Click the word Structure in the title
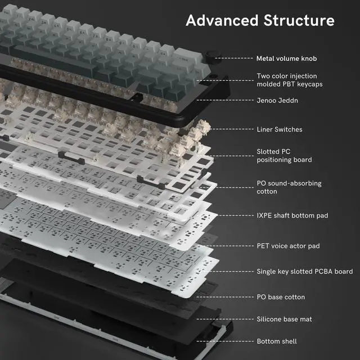[299, 21]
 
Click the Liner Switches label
[280, 129]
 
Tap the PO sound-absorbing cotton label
[289, 187]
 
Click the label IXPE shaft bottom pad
[292, 215]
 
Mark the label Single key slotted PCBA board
[304, 272]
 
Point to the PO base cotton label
[281, 297]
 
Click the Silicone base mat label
[284, 319]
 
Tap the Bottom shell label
[277, 341]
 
